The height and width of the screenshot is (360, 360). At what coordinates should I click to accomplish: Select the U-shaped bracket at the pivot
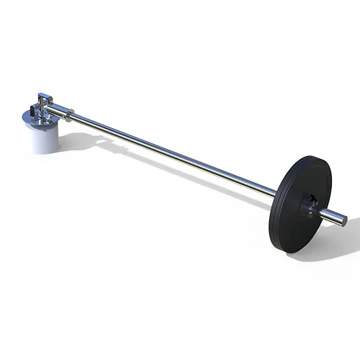(x=45, y=100)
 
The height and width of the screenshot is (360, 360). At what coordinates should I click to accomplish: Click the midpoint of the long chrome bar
(x=173, y=153)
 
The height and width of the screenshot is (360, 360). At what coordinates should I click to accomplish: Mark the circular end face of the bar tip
(x=343, y=220)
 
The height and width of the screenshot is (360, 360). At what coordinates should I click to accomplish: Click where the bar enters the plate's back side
(x=276, y=193)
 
